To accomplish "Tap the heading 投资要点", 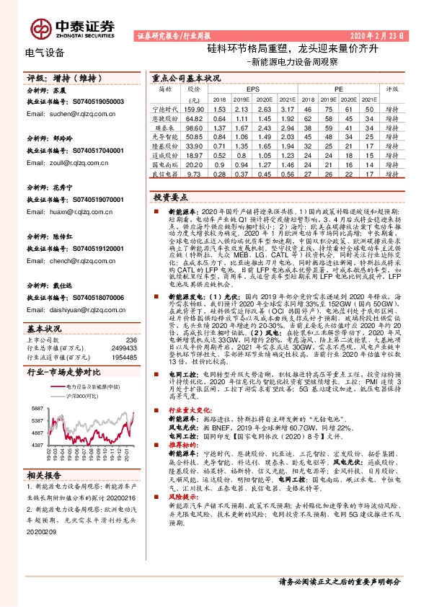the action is point(169,196).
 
